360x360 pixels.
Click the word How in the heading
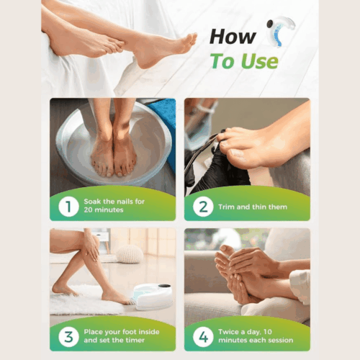232,36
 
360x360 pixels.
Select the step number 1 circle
68,207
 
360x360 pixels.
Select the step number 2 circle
202,207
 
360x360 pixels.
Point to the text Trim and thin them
249,207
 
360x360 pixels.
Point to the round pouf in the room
129,253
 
